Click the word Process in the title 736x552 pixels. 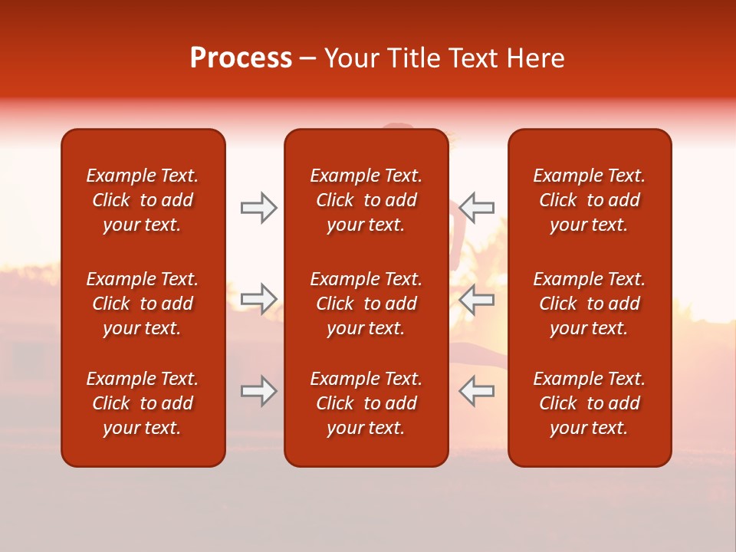241,58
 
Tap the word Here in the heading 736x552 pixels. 535,58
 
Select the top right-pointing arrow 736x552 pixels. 258,208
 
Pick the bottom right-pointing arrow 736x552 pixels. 258,392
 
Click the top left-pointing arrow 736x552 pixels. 477,208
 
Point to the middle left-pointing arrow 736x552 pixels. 477,300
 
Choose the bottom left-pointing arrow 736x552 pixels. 477,392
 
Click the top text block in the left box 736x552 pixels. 143,200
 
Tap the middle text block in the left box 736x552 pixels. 143,304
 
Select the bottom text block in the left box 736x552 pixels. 143,403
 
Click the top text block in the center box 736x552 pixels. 366,200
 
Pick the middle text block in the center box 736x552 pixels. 366,304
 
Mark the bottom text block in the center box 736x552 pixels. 366,403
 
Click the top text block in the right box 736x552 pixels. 590,200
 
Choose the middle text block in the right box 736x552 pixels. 590,304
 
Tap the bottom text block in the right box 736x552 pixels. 590,403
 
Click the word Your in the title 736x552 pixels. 350,58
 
